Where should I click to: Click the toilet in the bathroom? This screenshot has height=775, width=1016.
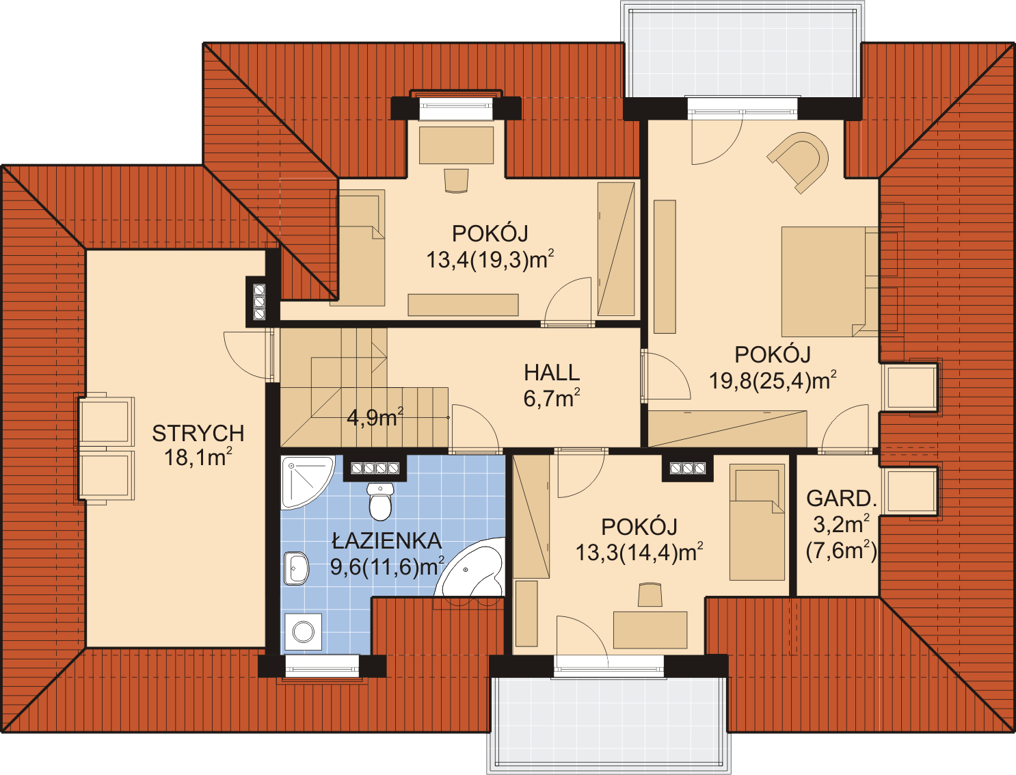380,501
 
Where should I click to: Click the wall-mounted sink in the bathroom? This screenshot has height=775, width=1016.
296,568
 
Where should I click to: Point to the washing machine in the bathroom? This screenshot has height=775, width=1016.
303,632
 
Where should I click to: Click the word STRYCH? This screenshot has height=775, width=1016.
198,434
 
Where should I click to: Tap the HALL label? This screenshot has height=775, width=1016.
552,373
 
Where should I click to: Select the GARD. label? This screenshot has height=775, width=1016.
842,499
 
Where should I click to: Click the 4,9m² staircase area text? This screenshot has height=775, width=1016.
375,417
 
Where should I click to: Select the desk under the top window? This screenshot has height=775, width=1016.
456,145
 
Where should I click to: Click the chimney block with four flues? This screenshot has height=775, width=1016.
375,469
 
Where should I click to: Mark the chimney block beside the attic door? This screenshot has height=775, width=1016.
259,302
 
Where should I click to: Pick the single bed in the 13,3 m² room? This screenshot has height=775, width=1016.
757,522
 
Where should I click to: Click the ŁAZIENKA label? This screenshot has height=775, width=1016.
387,541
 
